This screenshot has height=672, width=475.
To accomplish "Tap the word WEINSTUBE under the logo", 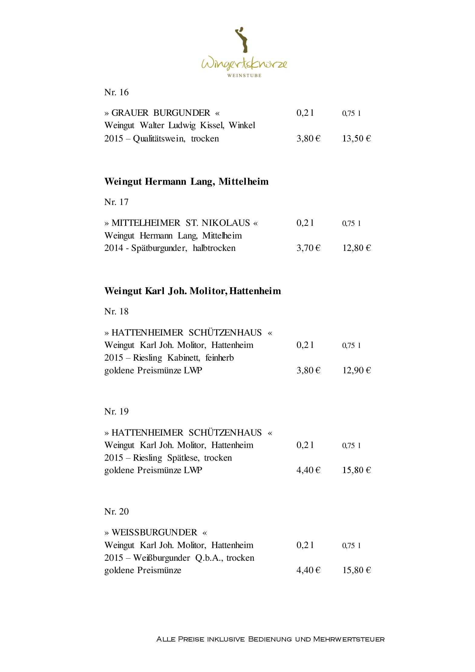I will point(244,75).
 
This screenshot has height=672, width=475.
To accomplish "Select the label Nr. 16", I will point(116,92).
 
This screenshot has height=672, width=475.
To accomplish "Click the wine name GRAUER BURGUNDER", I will point(161,113).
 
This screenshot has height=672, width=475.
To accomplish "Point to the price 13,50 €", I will point(356,138).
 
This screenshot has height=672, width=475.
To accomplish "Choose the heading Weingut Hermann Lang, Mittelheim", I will point(186,181).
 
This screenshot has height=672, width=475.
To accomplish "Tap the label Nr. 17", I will point(116,202).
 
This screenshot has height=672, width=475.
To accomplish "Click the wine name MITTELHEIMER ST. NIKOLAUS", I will point(181,223).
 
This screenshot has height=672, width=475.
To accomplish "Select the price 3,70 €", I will point(308,248).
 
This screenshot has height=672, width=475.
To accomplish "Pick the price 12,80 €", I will point(356,248).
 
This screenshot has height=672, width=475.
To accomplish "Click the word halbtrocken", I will point(214,248).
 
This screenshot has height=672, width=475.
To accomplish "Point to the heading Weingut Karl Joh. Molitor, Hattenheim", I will point(193,291).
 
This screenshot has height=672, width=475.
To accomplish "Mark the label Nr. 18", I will point(116,311).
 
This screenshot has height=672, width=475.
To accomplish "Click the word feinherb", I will point(220,358).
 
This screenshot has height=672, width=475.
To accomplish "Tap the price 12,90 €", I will point(356,370).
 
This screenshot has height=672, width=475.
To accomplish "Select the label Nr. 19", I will point(116,411).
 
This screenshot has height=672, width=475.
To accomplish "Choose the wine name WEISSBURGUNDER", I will point(154,532).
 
